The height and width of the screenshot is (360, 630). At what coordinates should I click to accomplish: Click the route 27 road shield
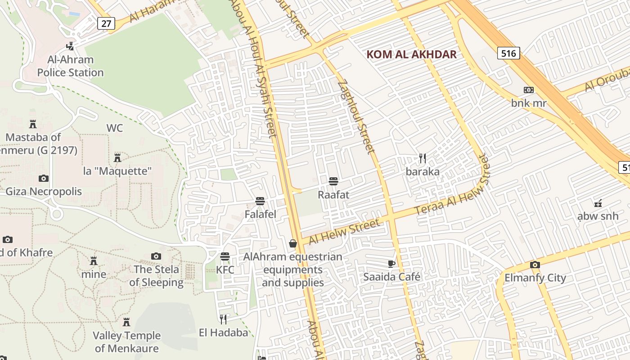click(x=105, y=23)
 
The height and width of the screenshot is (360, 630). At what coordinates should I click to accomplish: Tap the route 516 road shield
click(x=508, y=53)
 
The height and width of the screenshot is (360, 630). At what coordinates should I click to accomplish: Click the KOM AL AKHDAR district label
click(x=411, y=55)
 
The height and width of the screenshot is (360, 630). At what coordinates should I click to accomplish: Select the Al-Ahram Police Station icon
click(x=70, y=46)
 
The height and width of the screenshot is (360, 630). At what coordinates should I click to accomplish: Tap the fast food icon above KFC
click(x=225, y=256)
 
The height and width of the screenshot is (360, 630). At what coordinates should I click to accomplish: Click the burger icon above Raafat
click(x=333, y=181)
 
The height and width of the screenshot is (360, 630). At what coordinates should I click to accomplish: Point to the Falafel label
click(x=260, y=214)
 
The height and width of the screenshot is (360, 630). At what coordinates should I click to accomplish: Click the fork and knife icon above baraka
click(x=422, y=158)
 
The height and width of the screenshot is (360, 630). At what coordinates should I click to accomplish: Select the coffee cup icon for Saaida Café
click(x=391, y=264)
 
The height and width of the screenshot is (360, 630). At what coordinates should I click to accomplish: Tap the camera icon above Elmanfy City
click(x=535, y=265)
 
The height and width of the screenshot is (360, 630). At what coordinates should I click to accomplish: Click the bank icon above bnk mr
click(x=529, y=90)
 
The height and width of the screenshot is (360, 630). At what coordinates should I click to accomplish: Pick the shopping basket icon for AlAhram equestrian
click(x=293, y=243)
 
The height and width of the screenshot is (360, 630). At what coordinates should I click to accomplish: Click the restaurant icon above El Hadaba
click(x=223, y=319)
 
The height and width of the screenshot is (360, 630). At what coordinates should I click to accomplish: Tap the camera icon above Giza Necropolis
click(x=43, y=178)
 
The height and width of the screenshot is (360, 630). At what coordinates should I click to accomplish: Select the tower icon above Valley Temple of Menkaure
click(x=126, y=322)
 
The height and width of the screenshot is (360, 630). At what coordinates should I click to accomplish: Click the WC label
click(x=114, y=128)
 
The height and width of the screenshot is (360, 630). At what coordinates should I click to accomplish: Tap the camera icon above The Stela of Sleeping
click(x=156, y=256)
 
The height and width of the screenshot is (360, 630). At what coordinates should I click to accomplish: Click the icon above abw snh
click(x=598, y=203)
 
